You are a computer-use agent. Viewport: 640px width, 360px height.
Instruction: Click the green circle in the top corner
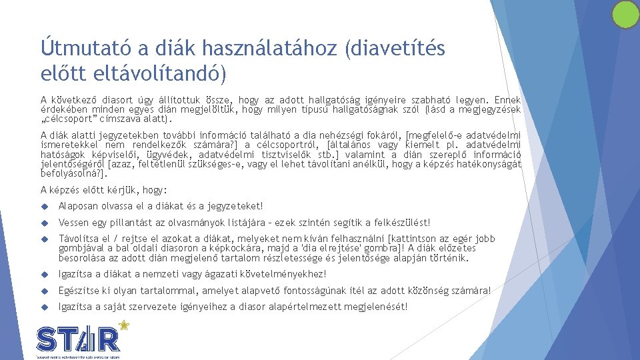pyautogui.click(x=625, y=14)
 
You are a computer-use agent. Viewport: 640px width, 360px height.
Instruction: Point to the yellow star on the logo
pyautogui.click(x=123, y=325)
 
